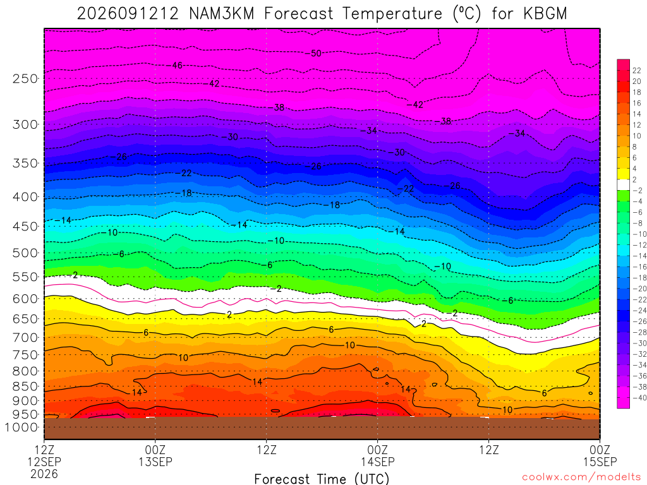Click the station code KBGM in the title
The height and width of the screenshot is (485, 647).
tap(545, 14)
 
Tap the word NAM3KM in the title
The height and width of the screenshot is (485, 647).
tap(221, 14)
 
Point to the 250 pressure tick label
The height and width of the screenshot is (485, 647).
tap(25, 78)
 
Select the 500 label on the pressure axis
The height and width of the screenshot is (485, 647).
tap(25, 253)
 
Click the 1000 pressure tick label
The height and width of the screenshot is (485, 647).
tap(22, 428)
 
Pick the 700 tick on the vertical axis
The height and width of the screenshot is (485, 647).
tap(25, 337)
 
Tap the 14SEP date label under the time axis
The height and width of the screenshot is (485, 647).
tap(378, 462)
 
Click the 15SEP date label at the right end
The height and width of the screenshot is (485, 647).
tap(600, 462)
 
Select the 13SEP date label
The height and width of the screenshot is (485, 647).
tap(155, 462)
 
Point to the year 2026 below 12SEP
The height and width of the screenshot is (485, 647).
tap(44, 474)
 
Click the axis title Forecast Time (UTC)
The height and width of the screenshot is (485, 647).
tap(322, 479)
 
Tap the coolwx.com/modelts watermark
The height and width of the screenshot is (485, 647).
tap(581, 477)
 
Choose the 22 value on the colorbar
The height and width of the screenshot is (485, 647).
tap(637, 71)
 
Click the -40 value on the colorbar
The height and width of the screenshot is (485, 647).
tap(639, 398)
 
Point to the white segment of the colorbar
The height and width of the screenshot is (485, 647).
tap(623, 185)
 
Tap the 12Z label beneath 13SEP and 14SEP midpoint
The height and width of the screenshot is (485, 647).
tap(267, 449)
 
